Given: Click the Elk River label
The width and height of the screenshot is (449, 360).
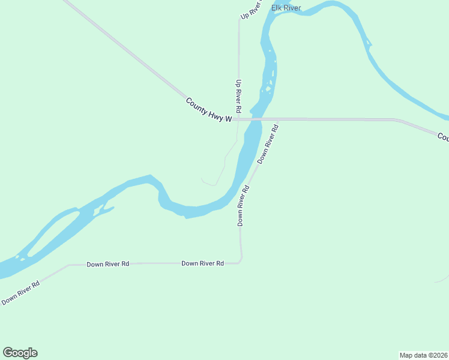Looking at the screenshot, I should pyautogui.click(x=286, y=8).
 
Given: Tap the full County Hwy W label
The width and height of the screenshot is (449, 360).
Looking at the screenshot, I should pyautogui.click(x=209, y=110).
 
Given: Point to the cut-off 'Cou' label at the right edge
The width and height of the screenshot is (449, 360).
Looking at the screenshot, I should pyautogui.click(x=443, y=137).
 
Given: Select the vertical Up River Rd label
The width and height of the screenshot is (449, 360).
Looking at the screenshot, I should pyautogui.click(x=238, y=97).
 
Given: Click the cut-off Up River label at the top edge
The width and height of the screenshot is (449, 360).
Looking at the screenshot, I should pyautogui.click(x=251, y=10).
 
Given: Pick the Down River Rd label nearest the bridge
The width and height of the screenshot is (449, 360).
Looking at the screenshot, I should pyautogui.click(x=268, y=144).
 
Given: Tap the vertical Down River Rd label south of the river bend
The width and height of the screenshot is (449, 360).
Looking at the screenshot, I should pyautogui.click(x=243, y=205).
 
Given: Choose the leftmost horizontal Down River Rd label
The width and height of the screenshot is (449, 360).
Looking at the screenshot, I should pyautogui.click(x=107, y=264).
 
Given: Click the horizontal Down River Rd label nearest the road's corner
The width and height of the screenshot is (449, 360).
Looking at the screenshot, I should pyautogui.click(x=203, y=263).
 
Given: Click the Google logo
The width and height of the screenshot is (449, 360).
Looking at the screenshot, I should pyautogui.click(x=20, y=353).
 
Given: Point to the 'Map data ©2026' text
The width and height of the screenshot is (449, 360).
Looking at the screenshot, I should pyautogui.click(x=423, y=355).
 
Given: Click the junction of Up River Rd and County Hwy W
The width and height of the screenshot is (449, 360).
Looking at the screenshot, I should pyautogui.click(x=238, y=119).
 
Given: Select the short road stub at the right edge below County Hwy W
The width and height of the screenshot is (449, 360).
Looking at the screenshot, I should pyautogui.click(x=442, y=279).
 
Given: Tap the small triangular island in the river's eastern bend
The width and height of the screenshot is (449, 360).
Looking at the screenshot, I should pyautogui.click(x=368, y=43).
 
